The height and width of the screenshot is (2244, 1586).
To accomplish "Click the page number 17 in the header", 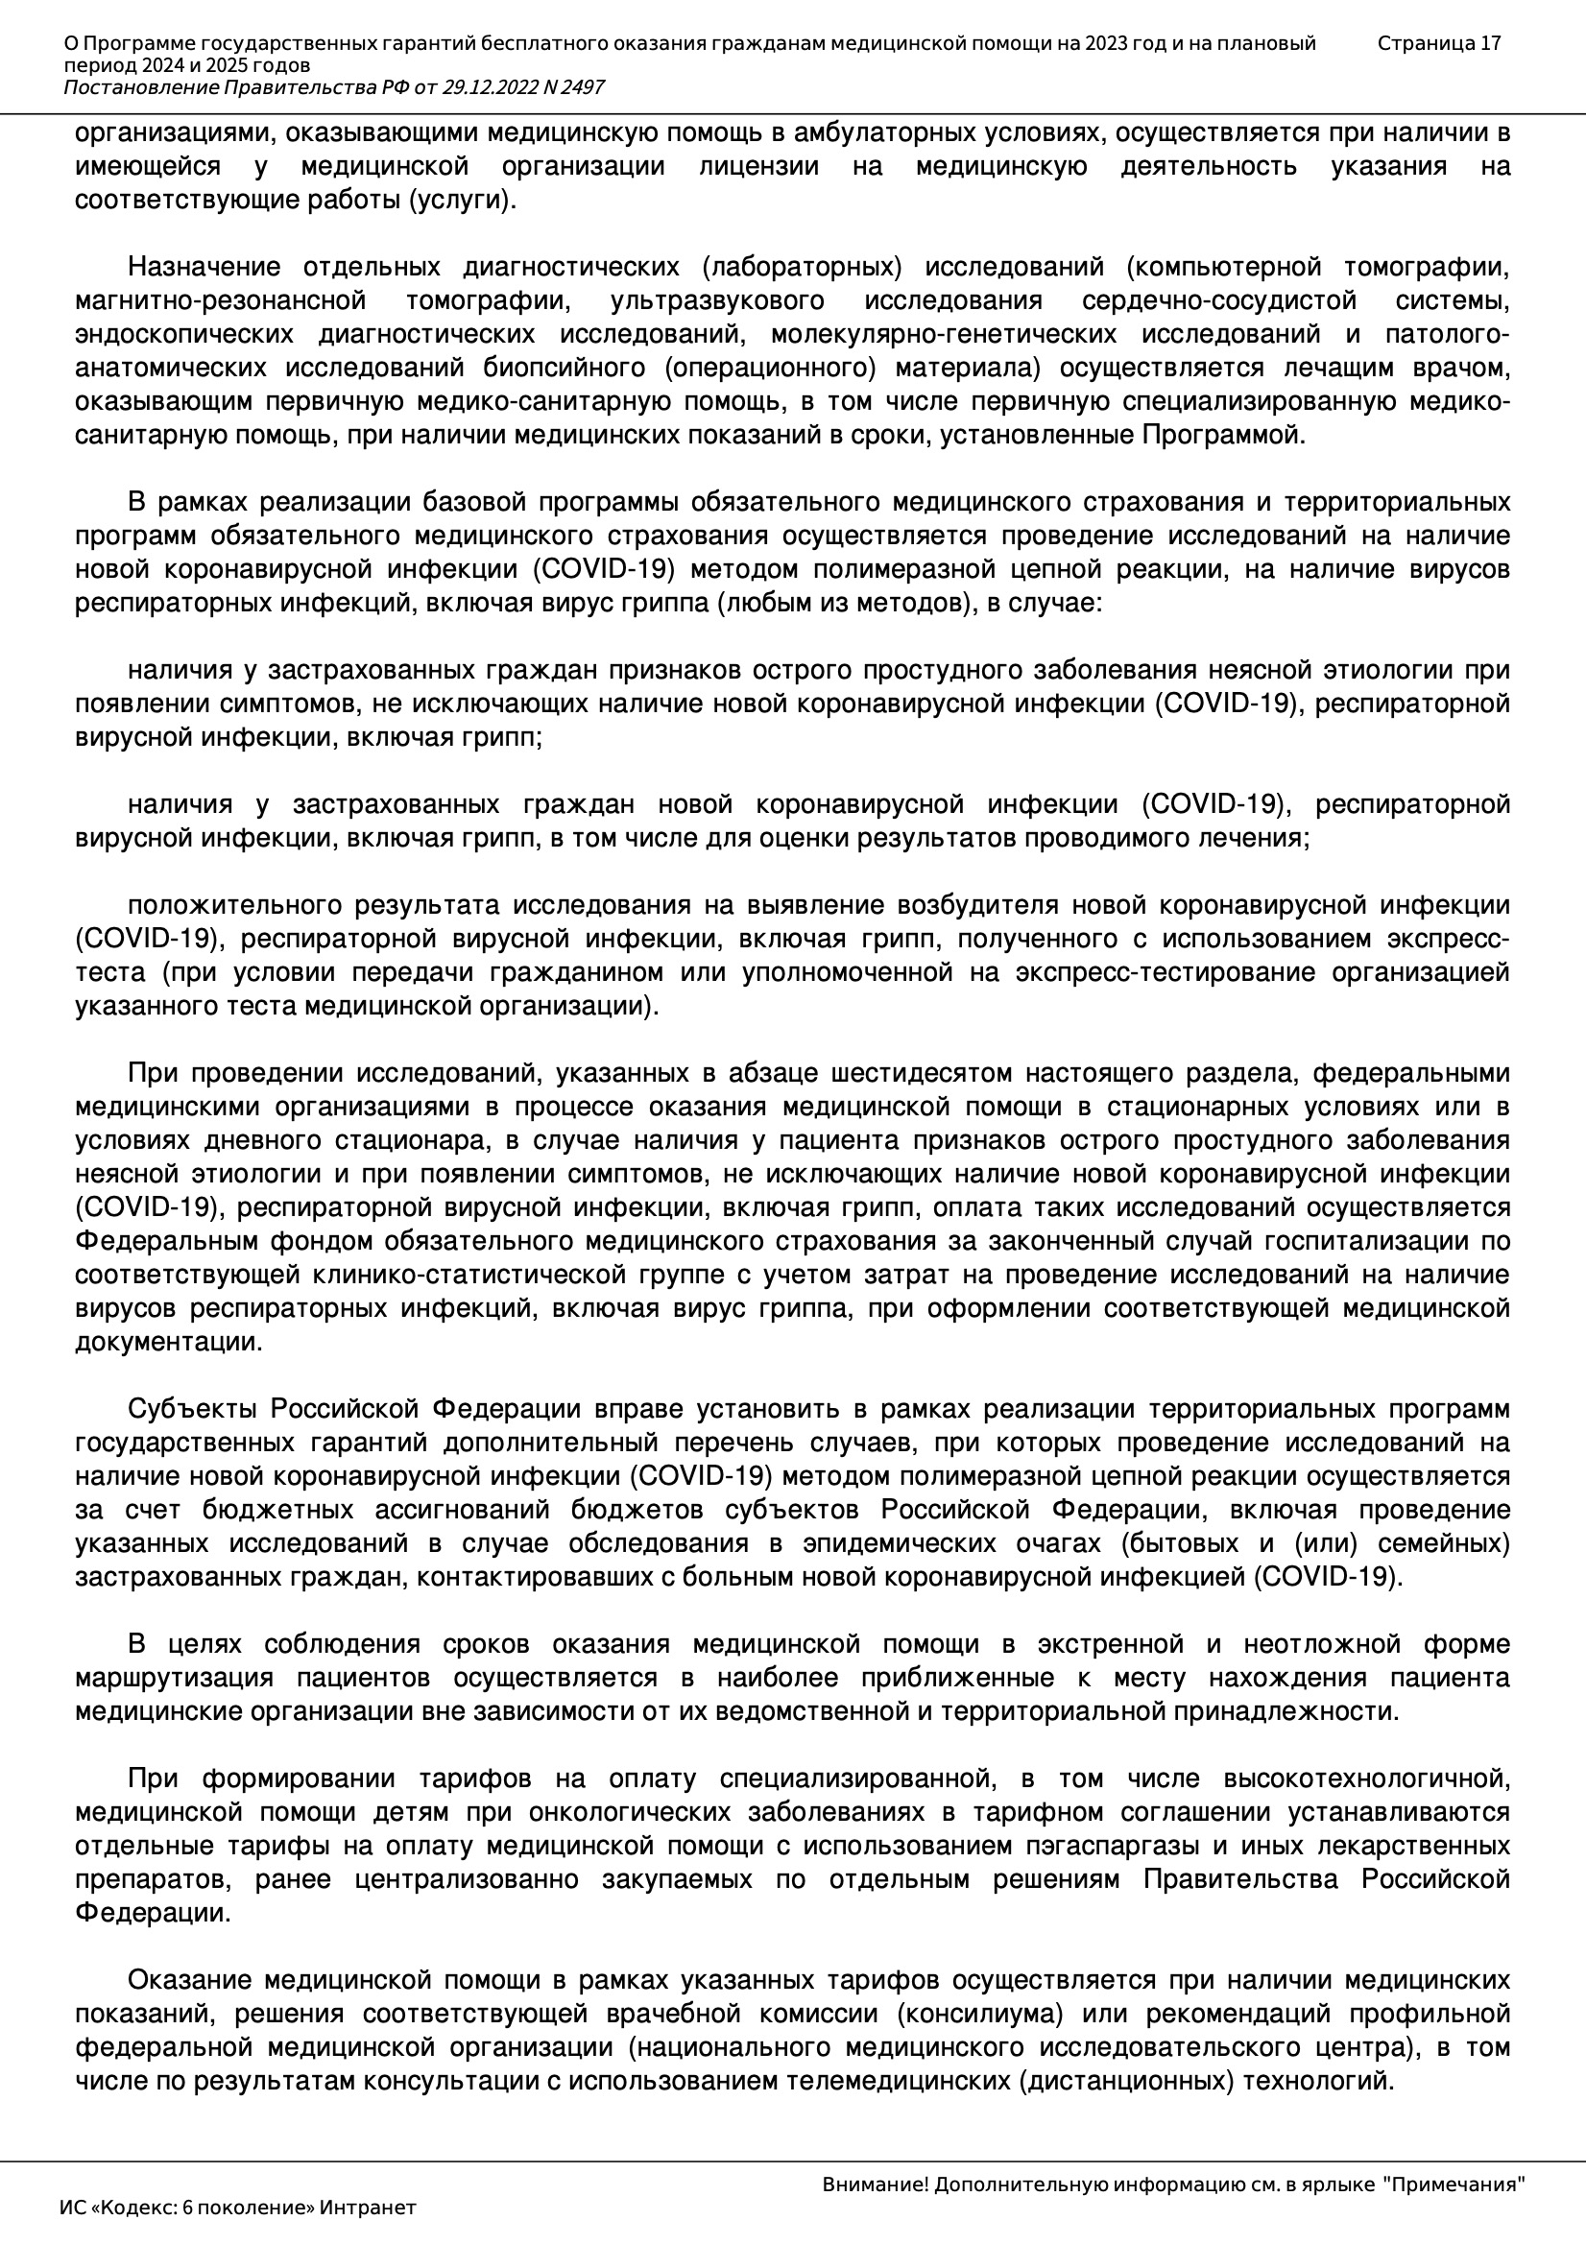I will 1490,43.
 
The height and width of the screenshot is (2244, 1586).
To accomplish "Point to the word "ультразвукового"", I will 717,300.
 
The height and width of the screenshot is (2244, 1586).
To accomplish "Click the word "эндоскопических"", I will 183,334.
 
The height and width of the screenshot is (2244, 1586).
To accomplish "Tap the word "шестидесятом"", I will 919,1073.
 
